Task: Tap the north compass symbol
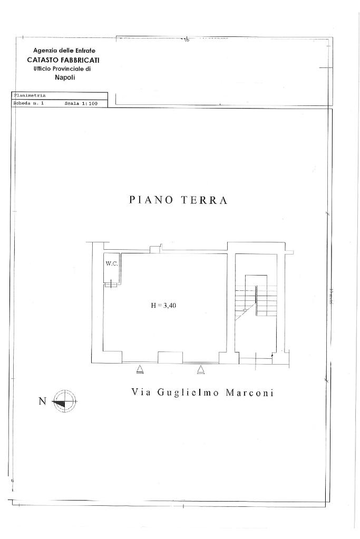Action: pos(65,401)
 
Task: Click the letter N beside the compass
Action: pos(42,401)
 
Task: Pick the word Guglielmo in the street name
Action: pos(187,393)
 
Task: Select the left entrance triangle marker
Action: pos(140,370)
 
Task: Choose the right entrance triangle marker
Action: pos(201,370)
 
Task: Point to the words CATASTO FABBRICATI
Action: pos(63,60)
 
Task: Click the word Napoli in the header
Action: pos(64,77)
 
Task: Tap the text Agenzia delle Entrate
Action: pos(64,51)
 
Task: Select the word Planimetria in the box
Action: pos(29,95)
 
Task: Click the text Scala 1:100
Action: pos(81,103)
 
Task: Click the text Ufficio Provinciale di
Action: pos(63,68)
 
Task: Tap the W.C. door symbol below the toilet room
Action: pos(111,285)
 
